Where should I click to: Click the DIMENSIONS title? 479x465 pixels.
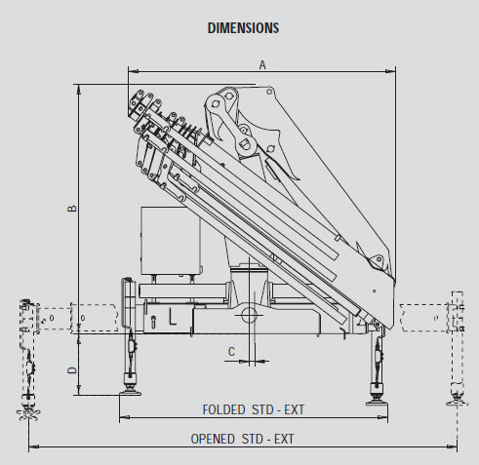[243, 28]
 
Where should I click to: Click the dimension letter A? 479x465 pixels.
[262, 65]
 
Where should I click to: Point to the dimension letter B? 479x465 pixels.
[72, 209]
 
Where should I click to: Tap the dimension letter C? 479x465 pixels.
[231, 352]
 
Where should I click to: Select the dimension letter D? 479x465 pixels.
[72, 370]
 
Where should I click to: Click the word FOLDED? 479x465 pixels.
[223, 409]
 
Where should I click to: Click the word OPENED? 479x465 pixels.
[213, 439]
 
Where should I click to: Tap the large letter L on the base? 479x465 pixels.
[173, 317]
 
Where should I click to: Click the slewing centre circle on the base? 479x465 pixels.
[250, 315]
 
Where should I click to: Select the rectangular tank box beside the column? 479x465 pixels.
[171, 241]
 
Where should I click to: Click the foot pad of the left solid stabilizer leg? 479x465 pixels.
[130, 393]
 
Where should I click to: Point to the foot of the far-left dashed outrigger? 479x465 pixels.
[28, 413]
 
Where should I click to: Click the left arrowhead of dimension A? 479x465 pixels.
[134, 71]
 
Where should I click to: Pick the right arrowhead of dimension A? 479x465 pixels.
[390, 71]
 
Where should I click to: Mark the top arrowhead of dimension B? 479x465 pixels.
[79, 90]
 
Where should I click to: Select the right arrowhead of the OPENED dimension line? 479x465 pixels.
[452, 446]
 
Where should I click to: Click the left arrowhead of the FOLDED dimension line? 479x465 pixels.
[125, 417]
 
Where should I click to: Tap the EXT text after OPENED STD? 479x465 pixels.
[284, 439]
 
